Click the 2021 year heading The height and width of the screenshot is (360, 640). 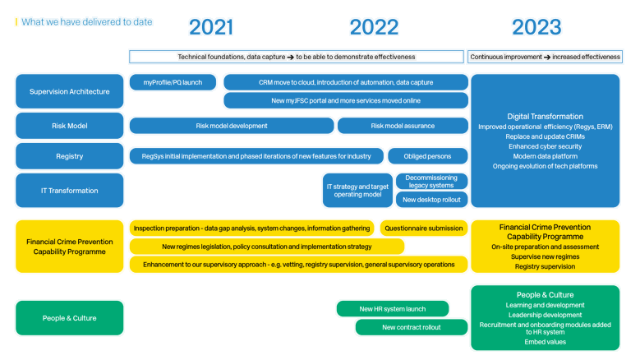point(210,27)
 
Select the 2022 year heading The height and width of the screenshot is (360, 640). point(374,27)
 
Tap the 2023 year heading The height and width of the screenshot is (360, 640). point(536,27)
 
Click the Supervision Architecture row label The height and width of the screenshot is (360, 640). point(69,91)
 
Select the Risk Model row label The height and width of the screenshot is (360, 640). point(69,127)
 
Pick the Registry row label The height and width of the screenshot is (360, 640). point(69,156)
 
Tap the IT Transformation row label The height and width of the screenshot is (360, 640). point(69,191)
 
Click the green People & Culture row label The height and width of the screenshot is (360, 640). point(69,318)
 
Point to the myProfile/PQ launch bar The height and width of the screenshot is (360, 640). point(173,82)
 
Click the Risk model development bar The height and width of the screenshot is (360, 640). point(232,126)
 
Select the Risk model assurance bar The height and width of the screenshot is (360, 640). point(403,126)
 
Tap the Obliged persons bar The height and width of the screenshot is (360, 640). point(426,155)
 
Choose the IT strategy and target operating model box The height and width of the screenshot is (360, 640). point(357,191)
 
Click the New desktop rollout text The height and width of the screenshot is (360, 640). point(431,200)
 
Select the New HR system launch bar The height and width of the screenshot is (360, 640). point(393,309)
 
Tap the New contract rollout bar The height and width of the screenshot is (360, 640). point(412,327)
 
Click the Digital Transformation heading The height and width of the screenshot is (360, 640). point(545,116)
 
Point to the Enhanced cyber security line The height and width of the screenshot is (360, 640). point(545,146)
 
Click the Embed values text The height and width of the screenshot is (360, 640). point(545,341)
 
